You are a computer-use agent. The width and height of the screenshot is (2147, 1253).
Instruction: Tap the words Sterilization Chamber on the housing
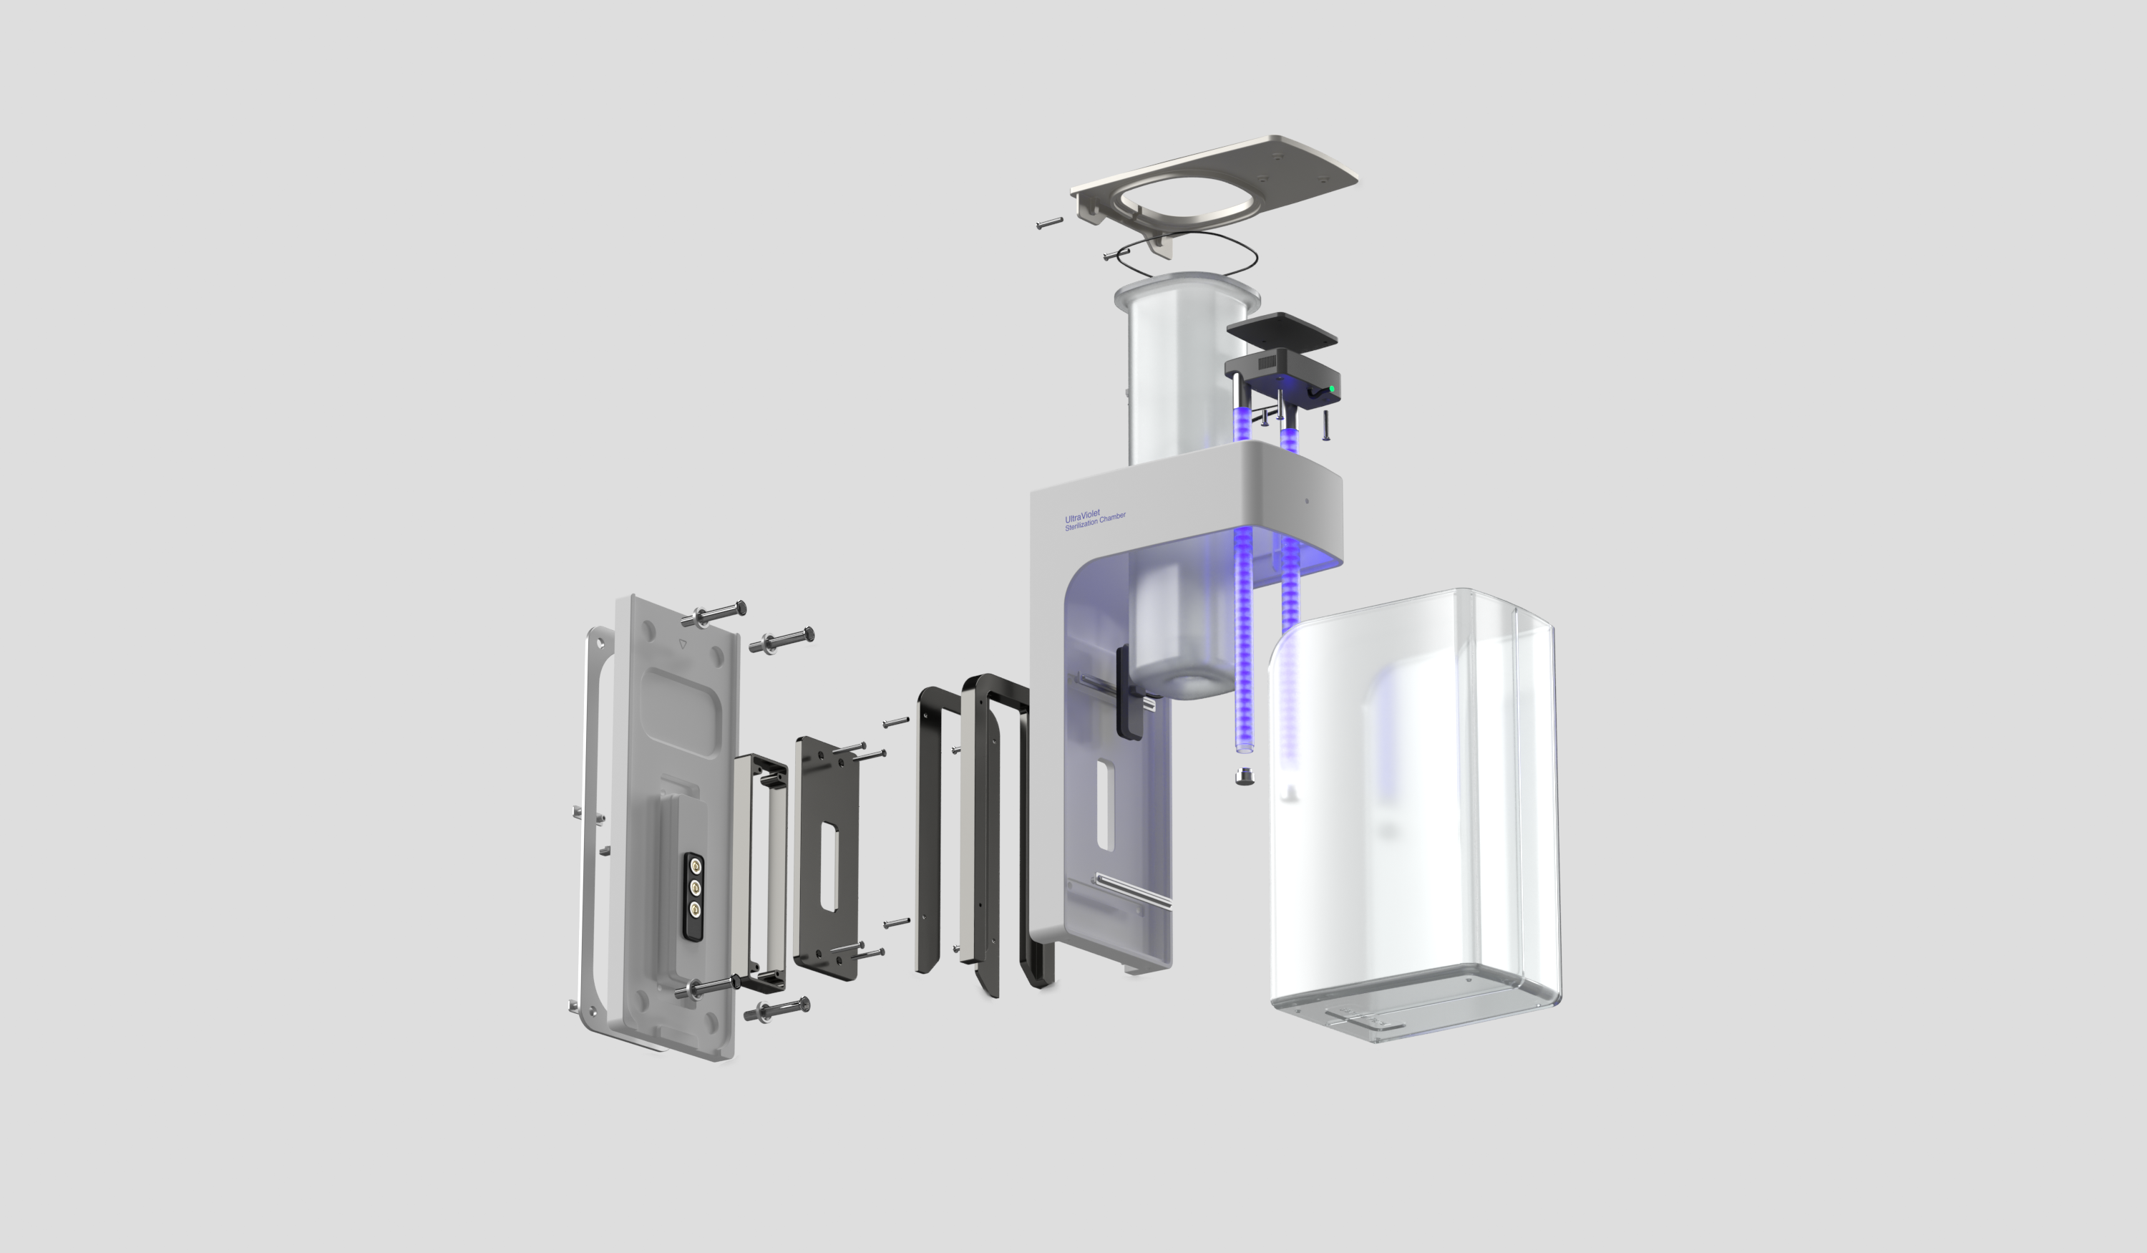click(x=1096, y=523)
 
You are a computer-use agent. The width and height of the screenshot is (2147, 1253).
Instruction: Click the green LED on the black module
click(x=1332, y=390)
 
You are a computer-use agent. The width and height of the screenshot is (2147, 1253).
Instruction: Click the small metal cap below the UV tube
click(x=1245, y=777)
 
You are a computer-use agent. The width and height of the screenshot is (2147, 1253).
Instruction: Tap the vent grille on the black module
click(x=1267, y=362)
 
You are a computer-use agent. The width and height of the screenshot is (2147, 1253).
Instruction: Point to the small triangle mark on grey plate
click(x=683, y=645)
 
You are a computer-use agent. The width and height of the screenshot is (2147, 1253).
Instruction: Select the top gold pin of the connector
click(x=696, y=867)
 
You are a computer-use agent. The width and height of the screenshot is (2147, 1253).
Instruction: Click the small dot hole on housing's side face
click(x=1307, y=501)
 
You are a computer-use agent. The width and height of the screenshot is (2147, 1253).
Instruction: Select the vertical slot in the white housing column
click(x=1105, y=805)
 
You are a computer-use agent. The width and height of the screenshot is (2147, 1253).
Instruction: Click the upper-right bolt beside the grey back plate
click(x=782, y=639)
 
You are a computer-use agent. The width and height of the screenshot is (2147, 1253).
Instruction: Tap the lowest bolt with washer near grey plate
click(x=777, y=1011)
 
